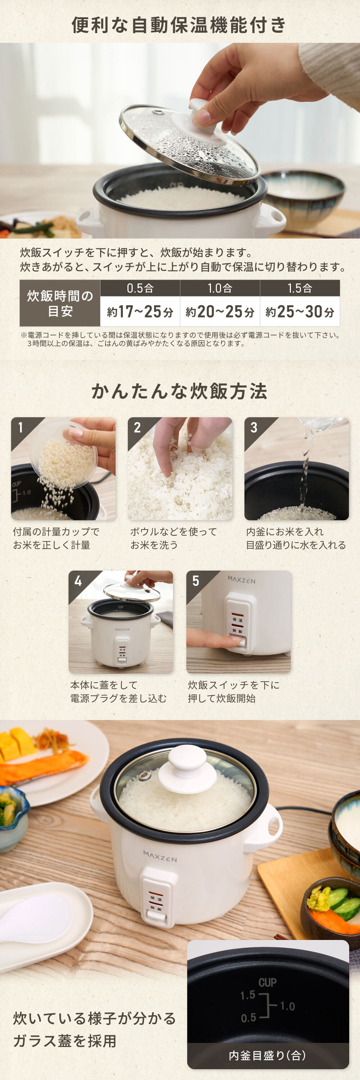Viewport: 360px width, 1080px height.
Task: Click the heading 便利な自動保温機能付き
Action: coord(179,25)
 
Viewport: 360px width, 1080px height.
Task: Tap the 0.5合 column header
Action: coord(140,288)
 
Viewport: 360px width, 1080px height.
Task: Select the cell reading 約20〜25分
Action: coord(220,311)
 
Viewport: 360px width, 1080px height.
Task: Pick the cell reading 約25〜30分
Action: coord(300,311)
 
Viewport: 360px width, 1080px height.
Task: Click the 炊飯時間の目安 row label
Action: coord(60,303)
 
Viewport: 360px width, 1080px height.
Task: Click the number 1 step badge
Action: coord(21,427)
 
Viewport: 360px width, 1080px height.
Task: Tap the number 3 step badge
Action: coord(253,427)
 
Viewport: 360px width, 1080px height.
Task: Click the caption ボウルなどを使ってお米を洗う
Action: coord(174,538)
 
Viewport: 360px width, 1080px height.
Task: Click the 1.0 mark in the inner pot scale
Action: coord(288,1006)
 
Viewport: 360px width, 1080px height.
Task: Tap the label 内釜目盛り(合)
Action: coord(267,1055)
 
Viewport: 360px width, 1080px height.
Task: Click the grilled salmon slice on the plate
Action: coord(42,768)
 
